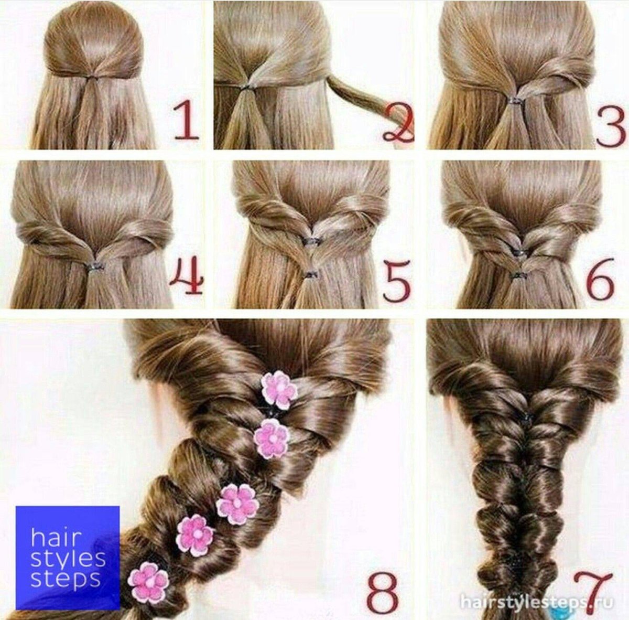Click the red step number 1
pyautogui.click(x=185, y=121)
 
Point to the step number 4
pyautogui.click(x=187, y=279)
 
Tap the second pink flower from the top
pyautogui.click(x=272, y=439)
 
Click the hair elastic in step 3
pyautogui.click(x=515, y=99)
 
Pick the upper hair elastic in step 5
pyautogui.click(x=309, y=241)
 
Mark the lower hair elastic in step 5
pyautogui.click(x=308, y=274)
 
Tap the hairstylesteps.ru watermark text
pyautogui.click(x=536, y=593)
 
